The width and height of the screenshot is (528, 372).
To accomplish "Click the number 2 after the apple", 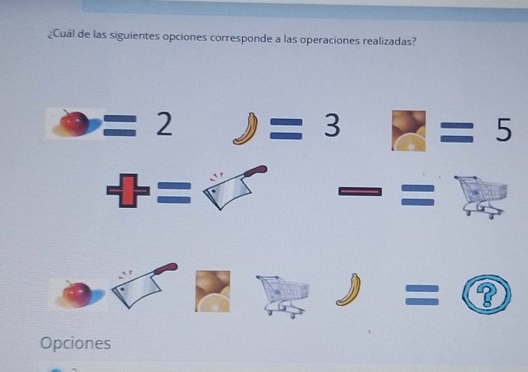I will click(x=163, y=125).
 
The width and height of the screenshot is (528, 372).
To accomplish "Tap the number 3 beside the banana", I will click(x=332, y=127).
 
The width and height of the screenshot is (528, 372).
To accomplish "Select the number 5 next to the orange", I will click(x=503, y=131).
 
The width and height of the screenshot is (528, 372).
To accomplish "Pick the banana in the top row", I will click(x=245, y=129).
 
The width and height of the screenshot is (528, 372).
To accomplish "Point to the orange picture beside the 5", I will click(x=409, y=130).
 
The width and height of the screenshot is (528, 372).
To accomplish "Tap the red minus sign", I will click(x=360, y=190).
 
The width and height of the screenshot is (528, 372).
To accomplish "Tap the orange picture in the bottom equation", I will click(x=212, y=291).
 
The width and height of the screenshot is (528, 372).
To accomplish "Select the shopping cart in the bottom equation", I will click(x=284, y=294).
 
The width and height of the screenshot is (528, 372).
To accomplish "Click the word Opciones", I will click(x=76, y=343).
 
